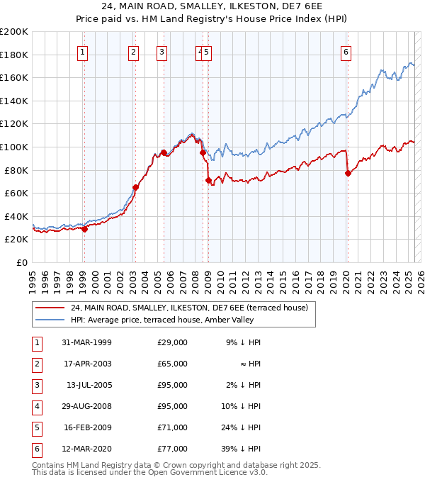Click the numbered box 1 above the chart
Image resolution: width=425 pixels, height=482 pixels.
point(84,52)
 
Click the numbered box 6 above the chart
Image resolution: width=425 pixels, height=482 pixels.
point(346,52)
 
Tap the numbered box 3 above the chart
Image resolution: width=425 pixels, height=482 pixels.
point(162,52)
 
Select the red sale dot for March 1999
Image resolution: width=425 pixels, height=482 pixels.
point(84,229)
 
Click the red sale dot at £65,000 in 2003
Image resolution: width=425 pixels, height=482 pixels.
point(135,187)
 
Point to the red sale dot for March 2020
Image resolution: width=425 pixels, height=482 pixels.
point(348,174)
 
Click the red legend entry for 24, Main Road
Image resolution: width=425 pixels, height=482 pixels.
point(188,308)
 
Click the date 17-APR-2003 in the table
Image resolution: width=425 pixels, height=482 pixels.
point(87,364)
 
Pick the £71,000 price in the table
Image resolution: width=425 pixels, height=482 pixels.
point(172,427)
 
